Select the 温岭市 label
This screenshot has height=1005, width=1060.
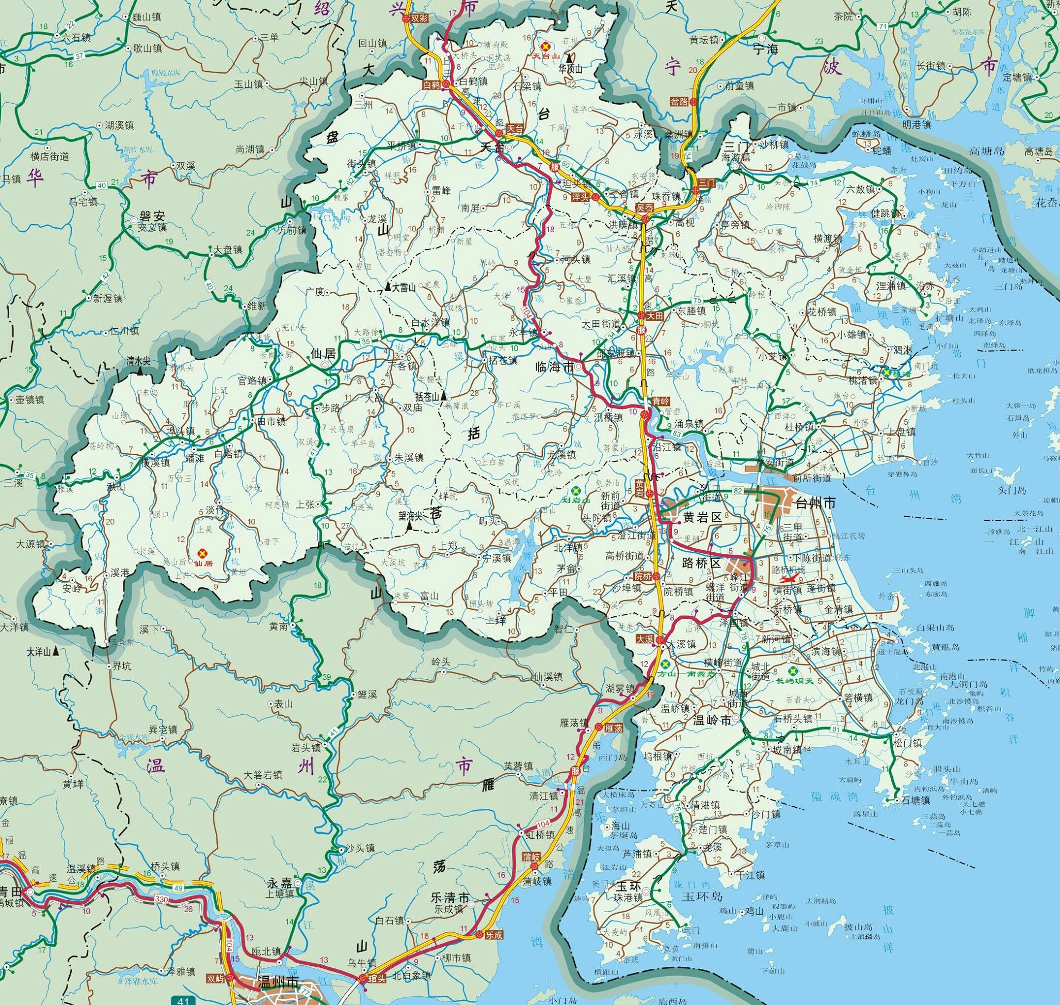coord(711,721)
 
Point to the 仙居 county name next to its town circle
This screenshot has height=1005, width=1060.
coord(323,354)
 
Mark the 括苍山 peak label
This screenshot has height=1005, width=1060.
coord(427,396)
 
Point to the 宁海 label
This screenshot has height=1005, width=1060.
coord(765,51)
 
